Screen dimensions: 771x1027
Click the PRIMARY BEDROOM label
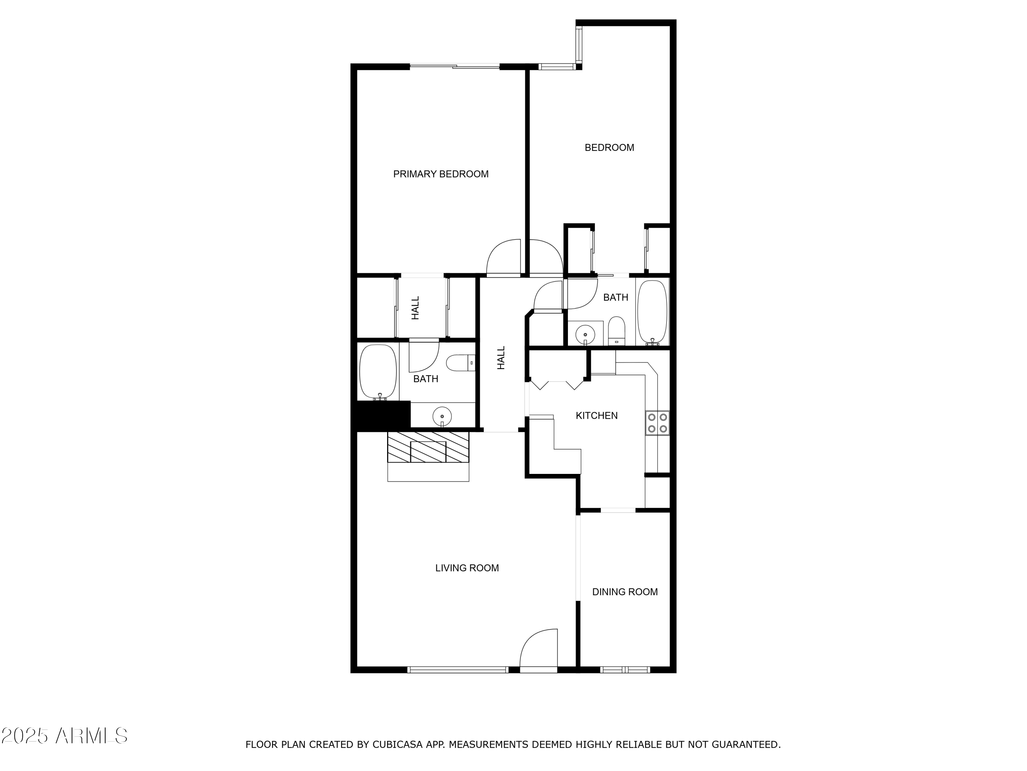point(441,174)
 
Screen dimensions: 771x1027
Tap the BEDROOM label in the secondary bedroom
point(609,147)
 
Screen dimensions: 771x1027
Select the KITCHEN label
point(597,415)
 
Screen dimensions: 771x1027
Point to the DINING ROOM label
point(625,591)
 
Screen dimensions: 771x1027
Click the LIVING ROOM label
point(467,567)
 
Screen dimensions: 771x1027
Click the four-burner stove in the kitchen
point(657,423)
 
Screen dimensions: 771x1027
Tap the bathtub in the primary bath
point(378,372)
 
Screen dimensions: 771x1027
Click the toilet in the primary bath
point(460,363)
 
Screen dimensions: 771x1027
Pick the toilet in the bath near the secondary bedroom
point(617,331)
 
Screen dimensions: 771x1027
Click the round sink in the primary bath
point(442,416)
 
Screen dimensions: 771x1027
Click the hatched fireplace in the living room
point(428,447)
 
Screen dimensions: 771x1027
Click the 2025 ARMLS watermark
point(65,735)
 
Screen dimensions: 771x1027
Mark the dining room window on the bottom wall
point(625,670)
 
